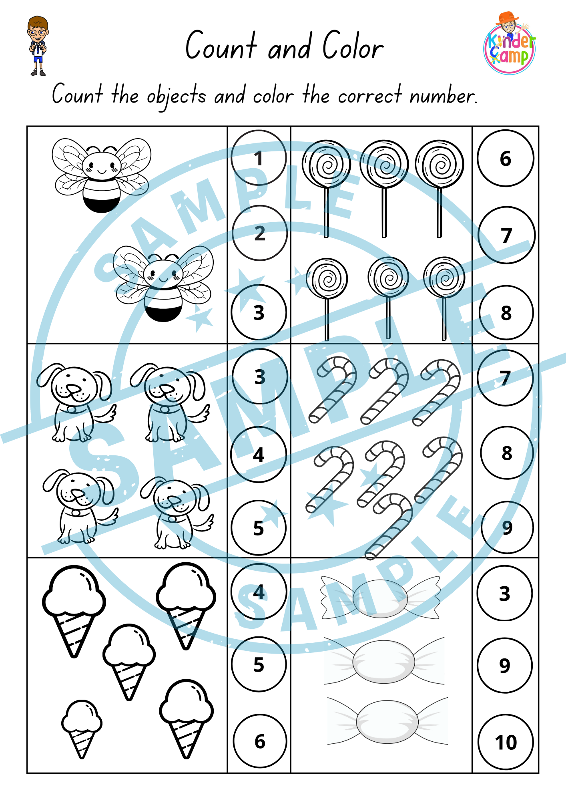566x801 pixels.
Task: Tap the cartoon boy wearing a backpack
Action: [x=38, y=46]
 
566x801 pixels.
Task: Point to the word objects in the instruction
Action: [x=177, y=97]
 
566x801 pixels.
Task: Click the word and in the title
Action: [x=290, y=46]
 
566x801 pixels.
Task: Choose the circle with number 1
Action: [x=259, y=158]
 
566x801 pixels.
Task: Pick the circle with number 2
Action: [x=260, y=233]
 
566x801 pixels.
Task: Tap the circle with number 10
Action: [x=506, y=742]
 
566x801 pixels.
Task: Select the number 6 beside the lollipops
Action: [x=506, y=159]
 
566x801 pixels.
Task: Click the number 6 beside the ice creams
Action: [x=260, y=741]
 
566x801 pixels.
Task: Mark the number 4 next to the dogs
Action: [x=259, y=455]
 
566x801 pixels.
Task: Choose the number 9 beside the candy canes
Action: [x=507, y=527]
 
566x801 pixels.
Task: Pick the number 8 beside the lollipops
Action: [x=506, y=313]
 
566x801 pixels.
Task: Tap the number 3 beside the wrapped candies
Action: [x=505, y=593]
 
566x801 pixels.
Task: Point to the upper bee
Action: [x=102, y=175]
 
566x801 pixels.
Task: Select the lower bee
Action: [x=163, y=283]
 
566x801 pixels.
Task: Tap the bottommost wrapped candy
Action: [x=387, y=721]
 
